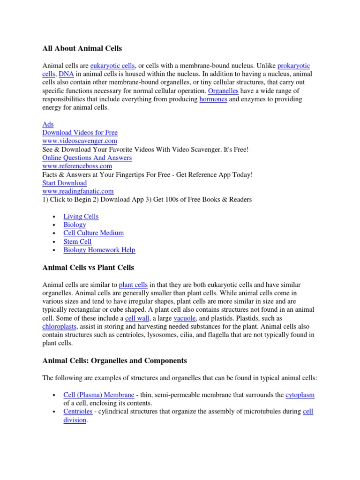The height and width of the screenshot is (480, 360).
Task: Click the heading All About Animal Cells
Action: point(82,48)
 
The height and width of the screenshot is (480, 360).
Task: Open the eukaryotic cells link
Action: point(112,66)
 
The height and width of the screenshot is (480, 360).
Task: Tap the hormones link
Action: point(214,99)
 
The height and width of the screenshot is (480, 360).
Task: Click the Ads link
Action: point(48,124)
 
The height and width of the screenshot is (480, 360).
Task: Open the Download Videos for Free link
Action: point(80,133)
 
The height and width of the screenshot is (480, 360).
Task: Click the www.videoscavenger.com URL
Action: point(80,141)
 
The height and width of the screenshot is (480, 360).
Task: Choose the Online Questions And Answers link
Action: point(87,157)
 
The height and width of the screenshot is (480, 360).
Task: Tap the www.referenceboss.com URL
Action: point(77,166)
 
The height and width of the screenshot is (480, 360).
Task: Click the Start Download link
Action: point(64,183)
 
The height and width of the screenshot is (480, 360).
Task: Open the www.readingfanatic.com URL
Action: point(78,191)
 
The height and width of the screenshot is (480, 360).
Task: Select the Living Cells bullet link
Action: point(81,216)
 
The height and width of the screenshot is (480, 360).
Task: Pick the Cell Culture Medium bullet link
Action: point(94,233)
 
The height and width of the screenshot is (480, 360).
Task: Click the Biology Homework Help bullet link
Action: point(99,250)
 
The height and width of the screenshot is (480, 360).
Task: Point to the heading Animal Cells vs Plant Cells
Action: point(88,268)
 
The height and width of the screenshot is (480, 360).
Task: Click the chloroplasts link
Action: point(59,326)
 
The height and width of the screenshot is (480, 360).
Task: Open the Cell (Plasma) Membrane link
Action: point(99,395)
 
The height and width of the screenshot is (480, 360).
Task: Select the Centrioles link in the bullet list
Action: point(77,412)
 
